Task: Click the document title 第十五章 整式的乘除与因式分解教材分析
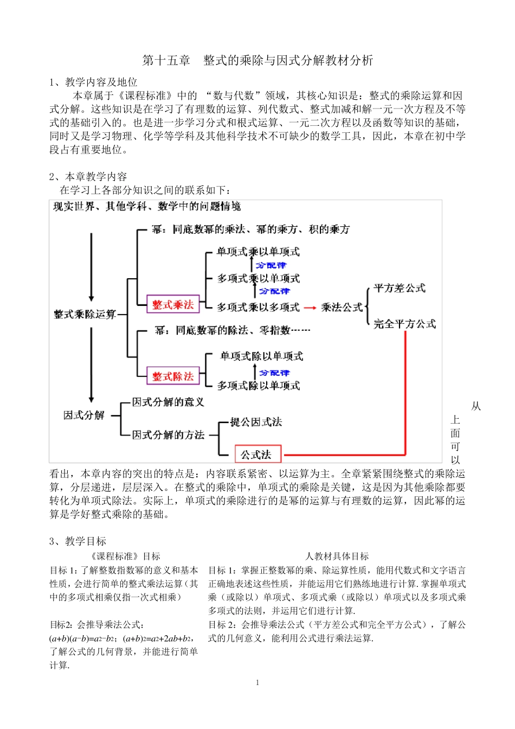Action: point(257,60)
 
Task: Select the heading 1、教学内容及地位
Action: point(93,82)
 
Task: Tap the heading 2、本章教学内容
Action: point(88,177)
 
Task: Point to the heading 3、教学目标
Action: point(78,541)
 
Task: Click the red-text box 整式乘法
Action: point(173,305)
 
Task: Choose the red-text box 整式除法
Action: point(173,376)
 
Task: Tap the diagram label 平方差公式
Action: point(400,288)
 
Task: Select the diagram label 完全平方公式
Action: point(404,324)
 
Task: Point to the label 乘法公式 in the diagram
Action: point(342,308)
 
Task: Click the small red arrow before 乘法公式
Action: point(310,308)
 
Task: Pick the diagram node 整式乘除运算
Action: point(85,314)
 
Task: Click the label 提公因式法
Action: point(256,422)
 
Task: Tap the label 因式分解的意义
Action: point(168,402)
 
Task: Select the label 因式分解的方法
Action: point(168,435)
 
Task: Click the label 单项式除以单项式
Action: point(261,356)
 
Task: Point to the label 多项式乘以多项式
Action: point(258,308)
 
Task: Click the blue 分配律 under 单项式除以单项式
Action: point(274,373)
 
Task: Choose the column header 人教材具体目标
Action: point(337,557)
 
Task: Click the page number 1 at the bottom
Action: point(257,683)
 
